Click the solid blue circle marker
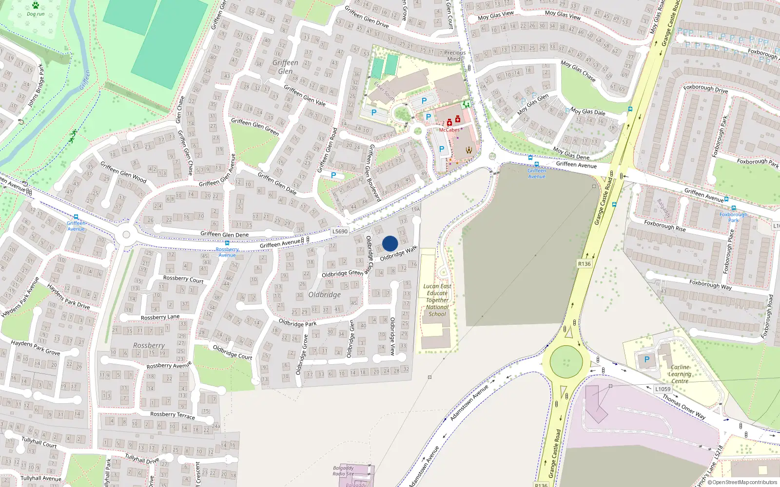(x=390, y=243)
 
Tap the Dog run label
(x=36, y=14)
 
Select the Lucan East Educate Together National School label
(x=437, y=300)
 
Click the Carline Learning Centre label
(x=680, y=374)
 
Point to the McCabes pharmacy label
(x=449, y=130)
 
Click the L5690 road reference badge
(x=340, y=231)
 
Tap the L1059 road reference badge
(x=663, y=389)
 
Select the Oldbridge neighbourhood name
(x=325, y=295)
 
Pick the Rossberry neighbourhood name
(x=149, y=345)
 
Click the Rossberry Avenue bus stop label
(x=227, y=252)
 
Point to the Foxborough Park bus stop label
(x=733, y=217)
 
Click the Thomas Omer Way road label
(x=684, y=407)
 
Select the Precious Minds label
(x=455, y=56)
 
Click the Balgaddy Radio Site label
(x=344, y=471)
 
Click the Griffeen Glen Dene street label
(x=224, y=234)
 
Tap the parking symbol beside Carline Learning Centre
(x=647, y=359)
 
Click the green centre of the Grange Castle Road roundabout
(x=566, y=362)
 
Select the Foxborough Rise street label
(x=664, y=226)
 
